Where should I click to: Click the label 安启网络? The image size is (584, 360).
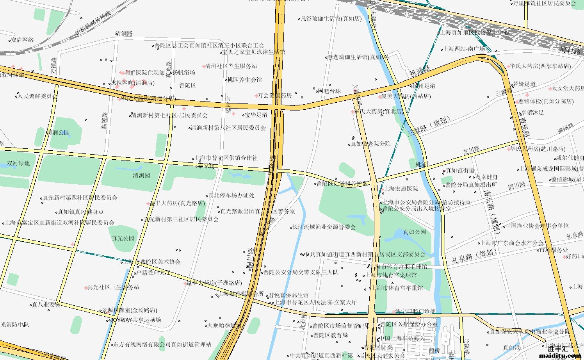pos(22,40)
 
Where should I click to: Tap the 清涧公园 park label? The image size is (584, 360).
pos(58,132)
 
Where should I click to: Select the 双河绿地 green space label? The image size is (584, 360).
pos(18,163)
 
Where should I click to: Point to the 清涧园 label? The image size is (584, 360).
pos(141,175)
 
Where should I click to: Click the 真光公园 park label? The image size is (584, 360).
pos(123,238)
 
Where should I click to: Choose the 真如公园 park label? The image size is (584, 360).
pos(415,232)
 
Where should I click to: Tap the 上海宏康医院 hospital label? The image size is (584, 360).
pos(401,189)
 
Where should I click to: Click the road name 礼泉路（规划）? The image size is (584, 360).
pos(474,256)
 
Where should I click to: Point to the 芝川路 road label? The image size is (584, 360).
pos(471,150)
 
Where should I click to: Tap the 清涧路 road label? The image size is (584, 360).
pos(124,34)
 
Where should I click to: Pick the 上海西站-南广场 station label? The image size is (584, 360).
pos(464,49)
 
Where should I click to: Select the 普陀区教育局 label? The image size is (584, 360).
pos(331,335)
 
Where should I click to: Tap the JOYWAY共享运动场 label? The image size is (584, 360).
pos(135,320)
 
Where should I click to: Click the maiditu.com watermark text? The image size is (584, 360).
pos(560,355)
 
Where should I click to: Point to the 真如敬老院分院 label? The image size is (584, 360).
pos(370,144)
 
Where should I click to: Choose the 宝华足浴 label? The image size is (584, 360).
pos(256,115)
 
